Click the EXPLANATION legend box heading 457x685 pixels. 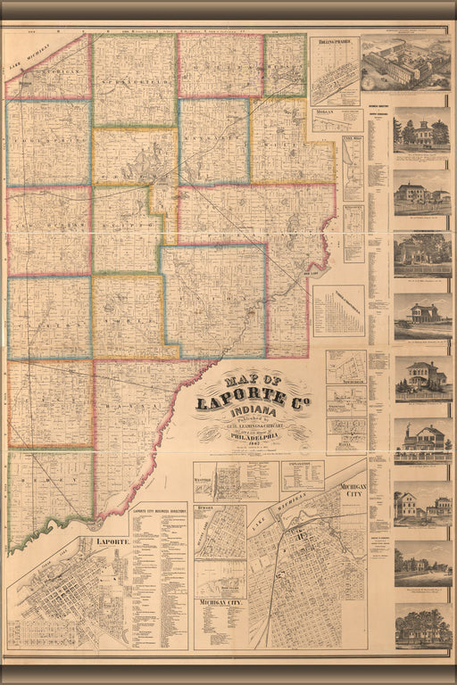tap(302, 466)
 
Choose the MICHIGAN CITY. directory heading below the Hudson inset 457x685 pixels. tap(220, 604)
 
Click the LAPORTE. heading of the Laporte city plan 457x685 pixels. tap(105, 541)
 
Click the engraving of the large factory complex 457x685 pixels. tap(405, 64)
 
